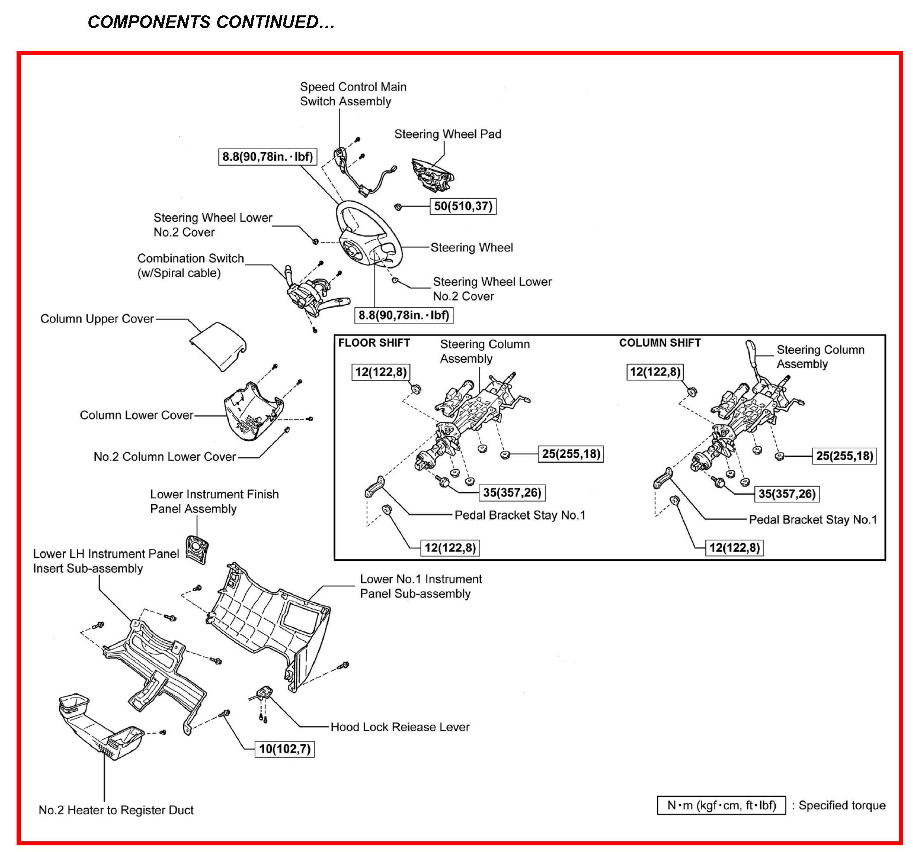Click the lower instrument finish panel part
pos(197,549)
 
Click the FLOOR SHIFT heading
pos(374,343)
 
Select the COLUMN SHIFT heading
pos(660,343)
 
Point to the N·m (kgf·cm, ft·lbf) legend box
pos(721,805)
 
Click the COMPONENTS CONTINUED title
pos(211,22)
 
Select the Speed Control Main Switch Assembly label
pos(353,94)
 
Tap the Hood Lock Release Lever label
pos(399,727)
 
